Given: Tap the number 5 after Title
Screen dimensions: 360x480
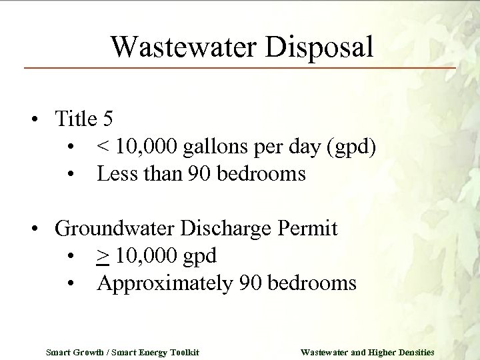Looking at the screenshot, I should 108,119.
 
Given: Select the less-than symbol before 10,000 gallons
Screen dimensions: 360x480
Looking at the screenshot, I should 103,147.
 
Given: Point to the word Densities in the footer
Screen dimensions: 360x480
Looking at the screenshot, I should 413,351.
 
